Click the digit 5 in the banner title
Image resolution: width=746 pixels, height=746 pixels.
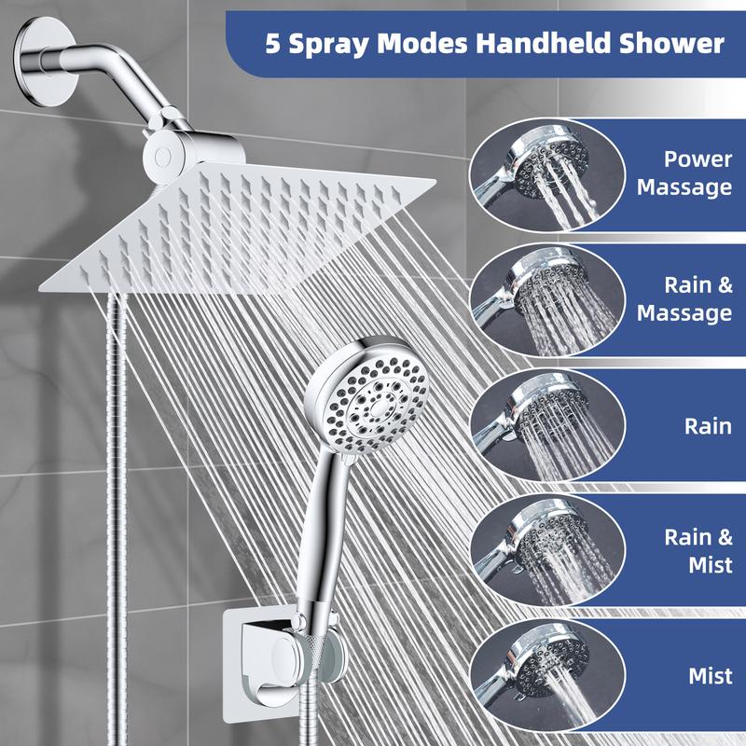click(272, 43)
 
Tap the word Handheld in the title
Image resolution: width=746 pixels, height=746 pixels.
click(543, 43)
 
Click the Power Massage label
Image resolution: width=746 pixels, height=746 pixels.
click(684, 173)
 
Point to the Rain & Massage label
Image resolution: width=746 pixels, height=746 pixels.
click(684, 299)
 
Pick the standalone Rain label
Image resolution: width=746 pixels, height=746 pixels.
click(708, 426)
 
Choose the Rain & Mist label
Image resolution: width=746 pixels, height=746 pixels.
click(698, 551)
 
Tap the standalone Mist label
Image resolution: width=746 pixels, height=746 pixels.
click(711, 675)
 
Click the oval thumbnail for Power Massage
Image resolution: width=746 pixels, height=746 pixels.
click(547, 174)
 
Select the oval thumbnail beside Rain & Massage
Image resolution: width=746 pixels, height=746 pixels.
click(547, 300)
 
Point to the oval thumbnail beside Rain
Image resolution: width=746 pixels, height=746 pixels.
click(547, 426)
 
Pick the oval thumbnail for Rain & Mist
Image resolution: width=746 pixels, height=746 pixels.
click(547, 551)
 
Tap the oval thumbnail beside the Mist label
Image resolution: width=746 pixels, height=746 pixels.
click(547, 675)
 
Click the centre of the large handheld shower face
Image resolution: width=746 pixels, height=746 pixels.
click(380, 406)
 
